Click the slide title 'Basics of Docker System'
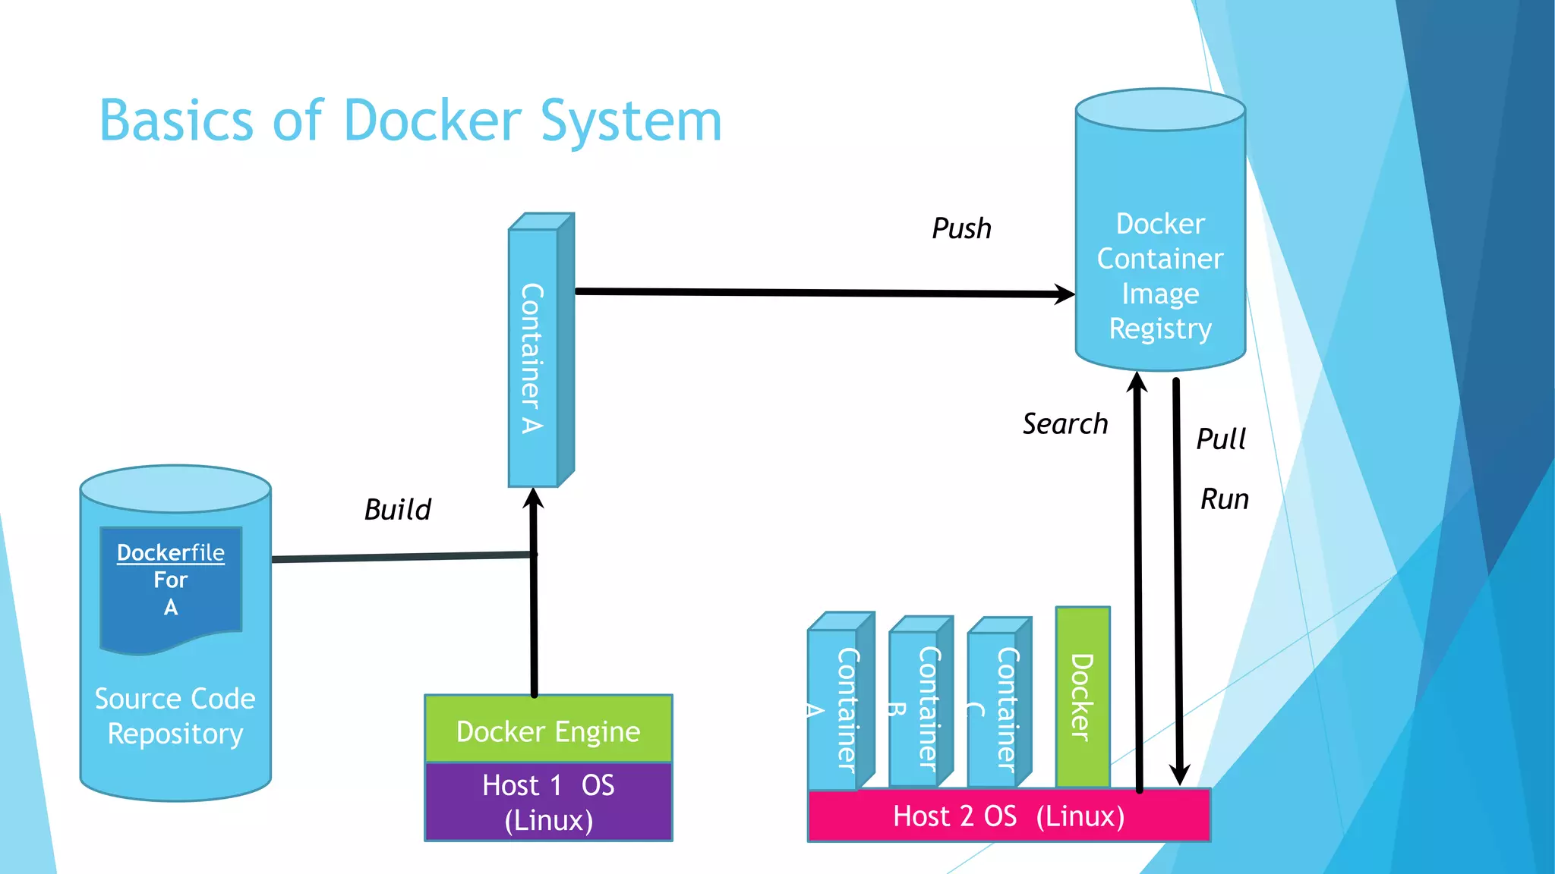410,121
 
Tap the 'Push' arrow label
961,228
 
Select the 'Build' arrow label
397,509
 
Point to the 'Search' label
1065,423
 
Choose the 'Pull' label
1221,439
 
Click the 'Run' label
1224,499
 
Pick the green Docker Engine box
548,730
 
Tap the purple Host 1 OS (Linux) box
548,802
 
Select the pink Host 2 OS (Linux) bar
1008,816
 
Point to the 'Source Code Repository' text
175,715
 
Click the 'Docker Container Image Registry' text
1160,276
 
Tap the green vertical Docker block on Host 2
1082,696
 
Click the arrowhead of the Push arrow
1065,294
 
